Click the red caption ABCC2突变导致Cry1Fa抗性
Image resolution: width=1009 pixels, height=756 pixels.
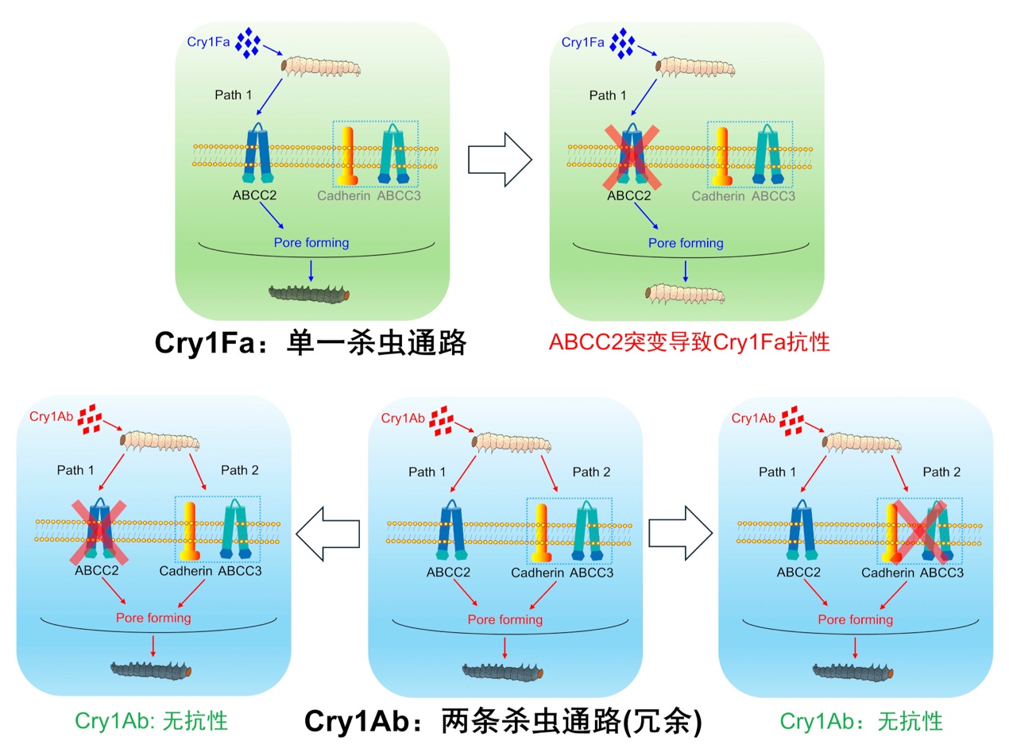click(x=689, y=342)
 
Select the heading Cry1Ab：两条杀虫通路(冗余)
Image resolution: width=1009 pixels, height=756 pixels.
click(x=504, y=721)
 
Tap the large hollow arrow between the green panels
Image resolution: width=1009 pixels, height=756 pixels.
click(x=500, y=158)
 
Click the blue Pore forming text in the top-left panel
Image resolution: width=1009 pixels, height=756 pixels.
click(x=311, y=242)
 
